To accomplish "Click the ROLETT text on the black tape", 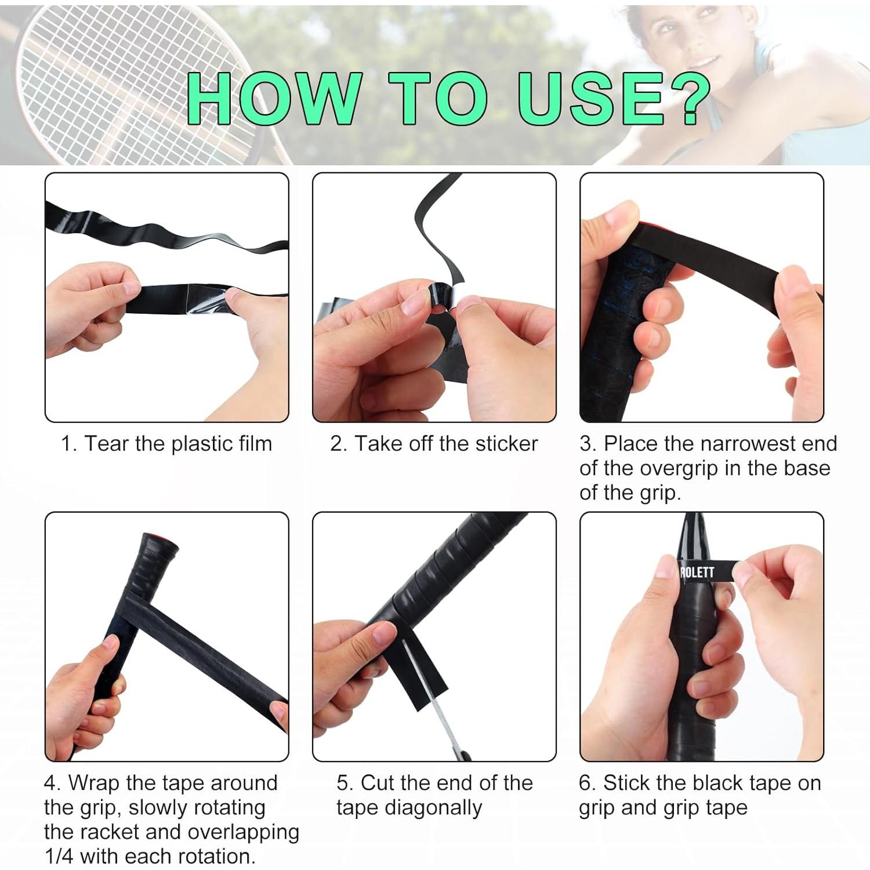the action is click(x=697, y=572).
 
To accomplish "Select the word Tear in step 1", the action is click(x=107, y=444).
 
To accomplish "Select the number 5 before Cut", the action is click(x=343, y=783).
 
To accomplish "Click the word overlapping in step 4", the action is click(x=243, y=832).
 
